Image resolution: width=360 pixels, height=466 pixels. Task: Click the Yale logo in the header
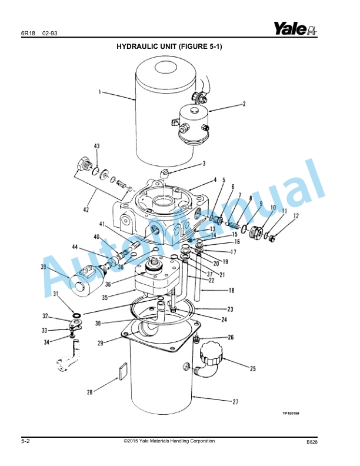click(x=295, y=28)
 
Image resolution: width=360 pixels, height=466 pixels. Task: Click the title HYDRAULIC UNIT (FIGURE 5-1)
click(x=169, y=46)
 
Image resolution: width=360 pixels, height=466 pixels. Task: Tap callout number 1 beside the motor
click(x=100, y=92)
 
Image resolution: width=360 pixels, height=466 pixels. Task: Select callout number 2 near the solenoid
click(x=244, y=104)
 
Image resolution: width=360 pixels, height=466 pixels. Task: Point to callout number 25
click(x=252, y=369)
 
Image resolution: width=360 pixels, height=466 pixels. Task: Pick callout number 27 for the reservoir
click(x=235, y=402)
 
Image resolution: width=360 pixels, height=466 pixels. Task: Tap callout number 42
click(x=86, y=210)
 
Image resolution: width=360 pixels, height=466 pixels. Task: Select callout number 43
click(x=97, y=146)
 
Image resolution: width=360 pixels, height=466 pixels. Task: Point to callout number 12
click(x=296, y=216)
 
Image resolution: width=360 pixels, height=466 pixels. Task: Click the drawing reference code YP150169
click(x=291, y=414)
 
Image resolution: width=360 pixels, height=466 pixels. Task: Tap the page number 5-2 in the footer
click(x=25, y=441)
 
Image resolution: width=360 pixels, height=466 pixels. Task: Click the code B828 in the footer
click(x=312, y=442)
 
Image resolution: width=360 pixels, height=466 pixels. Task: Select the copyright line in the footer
click(x=169, y=441)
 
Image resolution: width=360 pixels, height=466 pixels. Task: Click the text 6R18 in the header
click(x=28, y=34)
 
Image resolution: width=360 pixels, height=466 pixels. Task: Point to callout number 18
click(x=231, y=290)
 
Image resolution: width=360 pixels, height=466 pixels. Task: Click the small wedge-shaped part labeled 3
click(x=164, y=173)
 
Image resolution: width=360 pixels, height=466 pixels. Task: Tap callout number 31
click(x=55, y=294)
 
